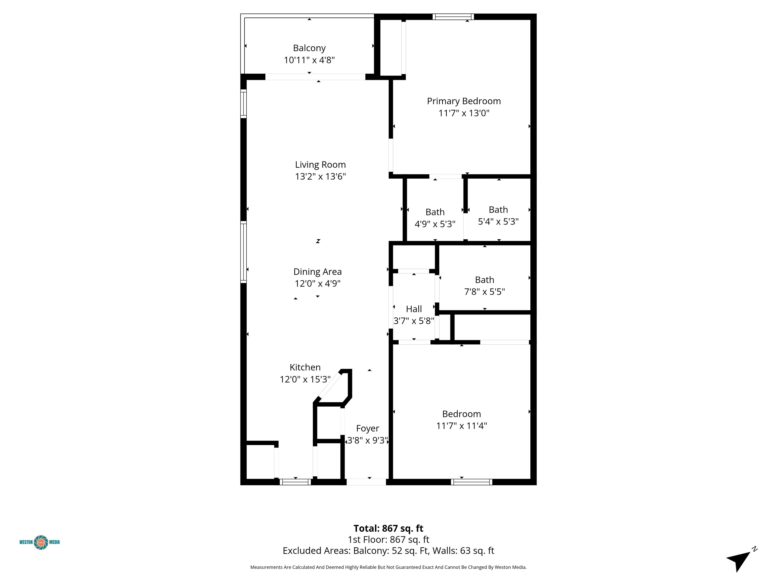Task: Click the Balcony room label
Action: click(x=309, y=48)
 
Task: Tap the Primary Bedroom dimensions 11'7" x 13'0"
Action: click(x=464, y=113)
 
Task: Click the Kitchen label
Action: click(x=305, y=367)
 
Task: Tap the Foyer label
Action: click(x=368, y=428)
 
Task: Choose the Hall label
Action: click(x=414, y=309)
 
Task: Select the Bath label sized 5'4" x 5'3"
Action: click(x=498, y=210)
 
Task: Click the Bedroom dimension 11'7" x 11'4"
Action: click(x=462, y=426)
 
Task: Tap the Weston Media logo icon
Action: click(x=41, y=542)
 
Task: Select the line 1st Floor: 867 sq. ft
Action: click(x=388, y=539)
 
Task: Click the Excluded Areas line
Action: click(x=388, y=551)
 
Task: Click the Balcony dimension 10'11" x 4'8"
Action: click(x=309, y=60)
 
